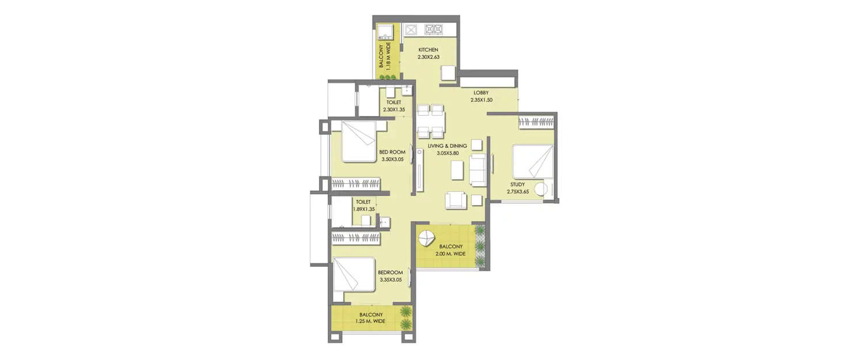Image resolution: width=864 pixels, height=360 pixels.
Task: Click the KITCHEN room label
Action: pos(429,50)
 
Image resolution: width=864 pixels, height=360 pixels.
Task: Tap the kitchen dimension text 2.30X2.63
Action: pos(429,57)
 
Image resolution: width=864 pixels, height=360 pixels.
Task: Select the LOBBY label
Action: pos(481,93)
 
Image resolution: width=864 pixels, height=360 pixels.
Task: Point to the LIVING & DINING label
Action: pos(451,146)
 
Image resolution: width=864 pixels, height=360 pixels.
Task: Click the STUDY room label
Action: pos(517,184)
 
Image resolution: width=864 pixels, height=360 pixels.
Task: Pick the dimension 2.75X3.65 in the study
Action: pos(518,191)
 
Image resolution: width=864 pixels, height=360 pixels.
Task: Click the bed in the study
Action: pos(533,161)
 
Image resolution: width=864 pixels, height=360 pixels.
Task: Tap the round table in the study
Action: pos(541,189)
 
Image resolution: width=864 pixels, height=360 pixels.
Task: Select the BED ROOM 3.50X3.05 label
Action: pos(392,156)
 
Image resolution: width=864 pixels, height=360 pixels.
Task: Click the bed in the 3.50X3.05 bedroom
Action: pos(358,141)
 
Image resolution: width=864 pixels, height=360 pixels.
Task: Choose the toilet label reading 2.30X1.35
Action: pos(394,105)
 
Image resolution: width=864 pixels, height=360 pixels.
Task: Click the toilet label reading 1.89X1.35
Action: pos(363,206)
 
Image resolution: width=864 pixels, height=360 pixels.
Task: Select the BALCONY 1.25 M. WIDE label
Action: pos(370,318)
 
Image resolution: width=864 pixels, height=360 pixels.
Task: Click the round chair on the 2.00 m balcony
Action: pos(427,238)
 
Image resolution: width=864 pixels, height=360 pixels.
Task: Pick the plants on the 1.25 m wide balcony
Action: pos(406,319)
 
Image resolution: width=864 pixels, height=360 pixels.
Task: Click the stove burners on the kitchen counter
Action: pos(433,29)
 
